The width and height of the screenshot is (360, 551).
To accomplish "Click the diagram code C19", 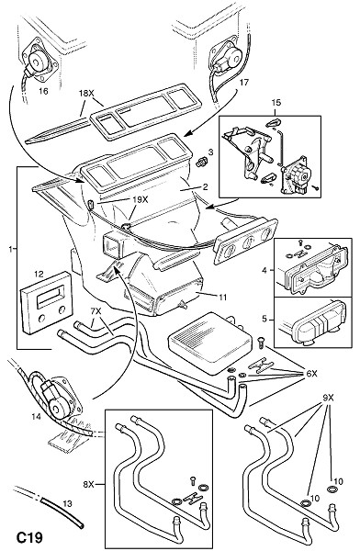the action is coord(30,537).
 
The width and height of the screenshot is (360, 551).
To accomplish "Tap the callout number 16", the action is coord(43,91).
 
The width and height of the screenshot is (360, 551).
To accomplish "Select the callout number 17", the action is coord(244,83).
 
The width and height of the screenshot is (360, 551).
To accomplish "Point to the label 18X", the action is coord(85,94).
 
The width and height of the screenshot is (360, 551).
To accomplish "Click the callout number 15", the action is coord(276,103).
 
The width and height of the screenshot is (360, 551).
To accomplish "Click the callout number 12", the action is coord(39,274).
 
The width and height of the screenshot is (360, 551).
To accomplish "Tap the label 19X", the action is coord(141,199).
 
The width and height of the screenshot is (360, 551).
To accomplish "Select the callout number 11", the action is coord(222,298).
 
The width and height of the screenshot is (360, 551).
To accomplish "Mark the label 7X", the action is coord(96,311).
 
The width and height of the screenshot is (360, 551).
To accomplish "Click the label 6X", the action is coord(311,374).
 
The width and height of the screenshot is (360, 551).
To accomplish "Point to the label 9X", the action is coord(328,399).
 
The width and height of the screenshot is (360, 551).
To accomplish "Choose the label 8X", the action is coord(88,485).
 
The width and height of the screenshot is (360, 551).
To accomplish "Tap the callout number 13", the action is coord(68,503).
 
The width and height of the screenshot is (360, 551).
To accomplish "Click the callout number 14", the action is coord(36,417).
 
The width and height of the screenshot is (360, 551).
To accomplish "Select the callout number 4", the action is coord(264,270).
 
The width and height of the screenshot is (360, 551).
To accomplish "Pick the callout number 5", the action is coord(264,319).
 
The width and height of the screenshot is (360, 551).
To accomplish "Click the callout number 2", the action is coord(205,187).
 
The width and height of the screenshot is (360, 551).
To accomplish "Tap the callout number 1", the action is coord(11,250).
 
